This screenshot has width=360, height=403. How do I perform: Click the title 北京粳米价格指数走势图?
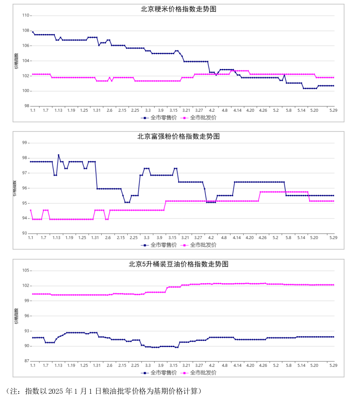tap(179, 9)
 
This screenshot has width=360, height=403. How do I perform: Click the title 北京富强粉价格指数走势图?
tap(179, 137)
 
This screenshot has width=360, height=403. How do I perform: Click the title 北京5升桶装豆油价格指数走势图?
tap(179, 264)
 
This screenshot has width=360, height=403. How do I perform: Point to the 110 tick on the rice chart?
tap(26, 16)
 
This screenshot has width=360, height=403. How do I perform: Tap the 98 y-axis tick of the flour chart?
tap(25, 158)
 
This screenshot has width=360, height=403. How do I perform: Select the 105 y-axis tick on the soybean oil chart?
tap(26, 270)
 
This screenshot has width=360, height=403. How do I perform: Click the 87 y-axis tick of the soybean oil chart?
tap(27, 361)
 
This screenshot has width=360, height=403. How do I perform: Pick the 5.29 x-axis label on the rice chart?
tap(333, 110)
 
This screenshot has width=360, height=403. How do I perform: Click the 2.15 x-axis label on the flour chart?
tap(121, 238)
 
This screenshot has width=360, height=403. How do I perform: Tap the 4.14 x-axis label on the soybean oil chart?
tap(237, 366)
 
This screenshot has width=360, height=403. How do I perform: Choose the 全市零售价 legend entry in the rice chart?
tap(159, 118)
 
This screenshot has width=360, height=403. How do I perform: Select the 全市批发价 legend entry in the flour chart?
tap(198, 245)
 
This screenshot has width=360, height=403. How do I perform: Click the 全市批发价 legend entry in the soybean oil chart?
tap(198, 373)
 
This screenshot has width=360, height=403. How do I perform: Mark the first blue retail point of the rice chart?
tap(33, 32)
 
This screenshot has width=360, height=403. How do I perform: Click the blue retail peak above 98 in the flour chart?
tap(58, 155)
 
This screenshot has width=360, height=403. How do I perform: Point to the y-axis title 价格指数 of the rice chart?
tap(16, 61)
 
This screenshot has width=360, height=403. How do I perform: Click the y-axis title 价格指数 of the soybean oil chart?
tap(16, 316)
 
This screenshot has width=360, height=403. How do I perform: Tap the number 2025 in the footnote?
tap(55, 391)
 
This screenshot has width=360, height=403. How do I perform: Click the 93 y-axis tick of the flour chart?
tap(25, 233)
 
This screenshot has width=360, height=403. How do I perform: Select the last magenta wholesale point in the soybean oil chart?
tap(334, 285)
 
